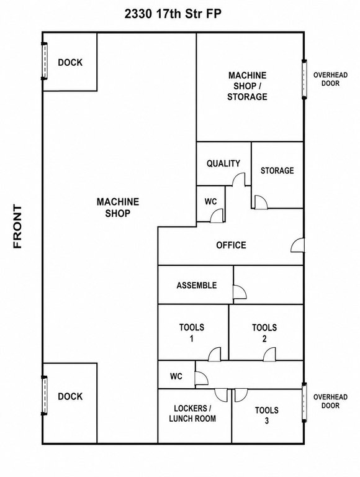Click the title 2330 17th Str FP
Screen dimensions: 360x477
[173, 14]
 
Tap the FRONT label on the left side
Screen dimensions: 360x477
[17, 226]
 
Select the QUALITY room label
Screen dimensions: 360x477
[223, 163]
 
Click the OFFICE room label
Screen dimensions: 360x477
[231, 245]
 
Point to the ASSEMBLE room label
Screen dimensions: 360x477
[197, 285]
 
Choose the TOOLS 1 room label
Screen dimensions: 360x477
[192, 333]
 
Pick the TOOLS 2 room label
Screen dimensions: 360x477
[264, 333]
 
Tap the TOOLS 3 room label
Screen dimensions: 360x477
[267, 416]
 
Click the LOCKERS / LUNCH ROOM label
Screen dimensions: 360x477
[192, 414]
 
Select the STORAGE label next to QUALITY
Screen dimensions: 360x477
[277, 170]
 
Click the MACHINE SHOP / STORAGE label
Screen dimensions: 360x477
[247, 86]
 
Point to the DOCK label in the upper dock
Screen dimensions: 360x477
[70, 62]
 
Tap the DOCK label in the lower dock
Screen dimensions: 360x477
[70, 396]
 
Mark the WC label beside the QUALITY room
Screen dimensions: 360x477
[210, 201]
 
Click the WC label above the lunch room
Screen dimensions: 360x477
[176, 376]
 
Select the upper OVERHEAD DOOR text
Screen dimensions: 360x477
[330, 79]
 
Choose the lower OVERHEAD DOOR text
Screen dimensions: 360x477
[330, 401]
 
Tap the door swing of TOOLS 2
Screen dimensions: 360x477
[269, 355]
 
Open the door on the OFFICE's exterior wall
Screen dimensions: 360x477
[298, 245]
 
